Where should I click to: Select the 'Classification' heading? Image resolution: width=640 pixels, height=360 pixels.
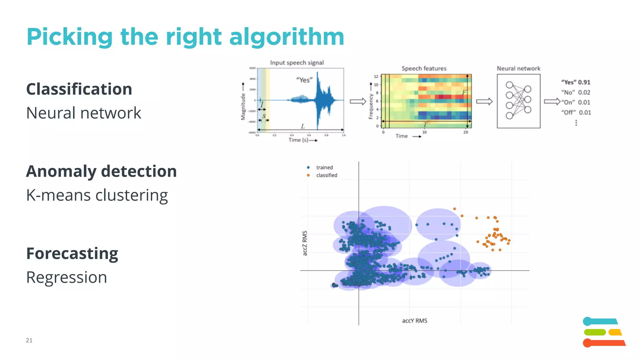point(79,89)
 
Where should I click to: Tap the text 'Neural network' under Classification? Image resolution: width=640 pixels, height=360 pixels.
point(83,113)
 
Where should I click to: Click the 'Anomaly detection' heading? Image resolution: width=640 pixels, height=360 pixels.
point(101,171)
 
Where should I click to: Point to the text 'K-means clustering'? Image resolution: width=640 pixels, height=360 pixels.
point(97,195)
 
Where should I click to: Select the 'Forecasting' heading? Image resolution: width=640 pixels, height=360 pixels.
point(72,253)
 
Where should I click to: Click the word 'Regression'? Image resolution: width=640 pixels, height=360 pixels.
point(67,277)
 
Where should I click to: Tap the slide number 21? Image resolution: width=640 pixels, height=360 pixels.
point(29,340)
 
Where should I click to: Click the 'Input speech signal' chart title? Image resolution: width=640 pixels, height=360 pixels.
point(297,62)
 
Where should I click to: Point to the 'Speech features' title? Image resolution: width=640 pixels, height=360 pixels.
point(424,68)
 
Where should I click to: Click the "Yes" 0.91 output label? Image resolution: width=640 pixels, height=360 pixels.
point(576,82)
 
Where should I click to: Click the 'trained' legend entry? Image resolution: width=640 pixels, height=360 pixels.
point(324,167)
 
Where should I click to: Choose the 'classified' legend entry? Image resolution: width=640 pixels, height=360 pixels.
point(326,175)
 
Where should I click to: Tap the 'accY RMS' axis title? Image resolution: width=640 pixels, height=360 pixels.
point(414,321)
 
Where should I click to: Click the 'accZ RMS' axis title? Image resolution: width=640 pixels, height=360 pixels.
point(305,243)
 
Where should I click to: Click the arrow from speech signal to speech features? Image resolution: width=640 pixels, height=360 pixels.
point(358,101)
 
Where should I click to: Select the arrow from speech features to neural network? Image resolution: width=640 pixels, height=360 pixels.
point(484,101)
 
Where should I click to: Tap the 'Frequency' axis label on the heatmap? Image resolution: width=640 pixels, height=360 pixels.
point(371,106)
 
